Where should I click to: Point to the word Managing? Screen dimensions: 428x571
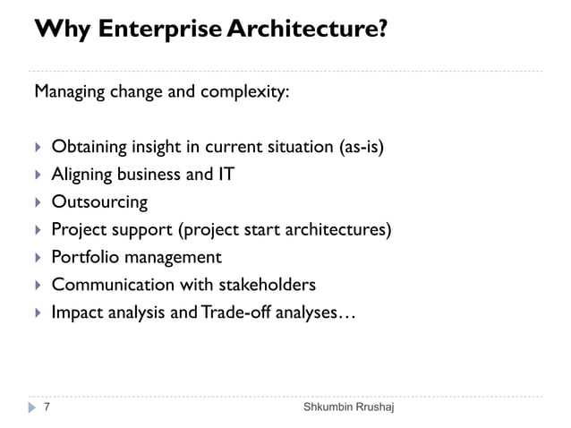[x=68, y=93]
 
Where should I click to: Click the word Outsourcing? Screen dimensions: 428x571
[x=99, y=202]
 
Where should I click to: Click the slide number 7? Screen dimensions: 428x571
[x=47, y=408]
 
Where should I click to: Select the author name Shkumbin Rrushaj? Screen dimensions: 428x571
[x=347, y=408]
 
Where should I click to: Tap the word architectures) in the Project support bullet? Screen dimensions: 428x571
[x=343, y=230]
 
